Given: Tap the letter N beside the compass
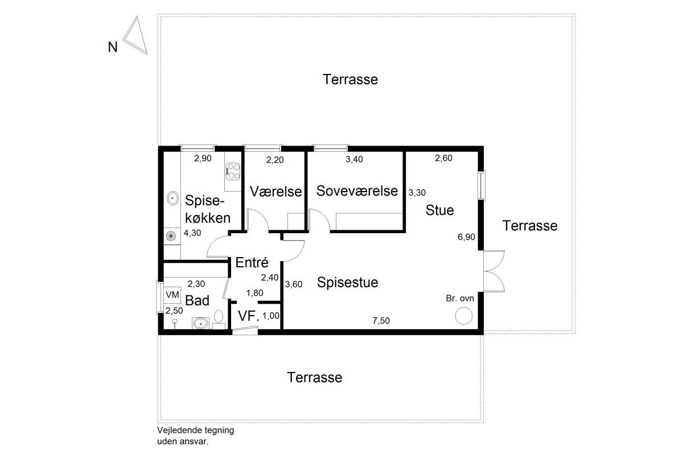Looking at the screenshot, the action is pos(113,47).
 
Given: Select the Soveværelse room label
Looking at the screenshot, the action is pos(357,191).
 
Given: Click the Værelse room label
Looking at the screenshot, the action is pos(275,192).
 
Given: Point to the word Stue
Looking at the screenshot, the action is pos(439,210).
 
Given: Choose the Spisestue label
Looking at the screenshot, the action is pos(348,282).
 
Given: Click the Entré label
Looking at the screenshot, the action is pos(252,262).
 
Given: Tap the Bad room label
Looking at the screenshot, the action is pos(198,300).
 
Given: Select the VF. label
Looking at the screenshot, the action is pos(249,316).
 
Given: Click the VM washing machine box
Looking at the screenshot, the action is pos(172,295).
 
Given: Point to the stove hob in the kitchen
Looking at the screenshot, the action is pos(233,171).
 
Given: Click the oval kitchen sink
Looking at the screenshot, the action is pos(173,198).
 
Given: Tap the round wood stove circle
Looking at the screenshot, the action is pos(464,316).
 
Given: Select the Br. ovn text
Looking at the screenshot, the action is pos(460,299).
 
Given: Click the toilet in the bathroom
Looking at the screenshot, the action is pos(219,320).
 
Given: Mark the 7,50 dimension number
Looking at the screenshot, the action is pos(381,321).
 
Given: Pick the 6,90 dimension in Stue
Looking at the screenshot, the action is pos(466,237).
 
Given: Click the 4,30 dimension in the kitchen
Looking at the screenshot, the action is pos(192,233).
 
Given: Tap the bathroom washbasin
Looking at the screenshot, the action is pos(200,323).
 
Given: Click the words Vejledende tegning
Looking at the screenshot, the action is pos(195,431).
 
